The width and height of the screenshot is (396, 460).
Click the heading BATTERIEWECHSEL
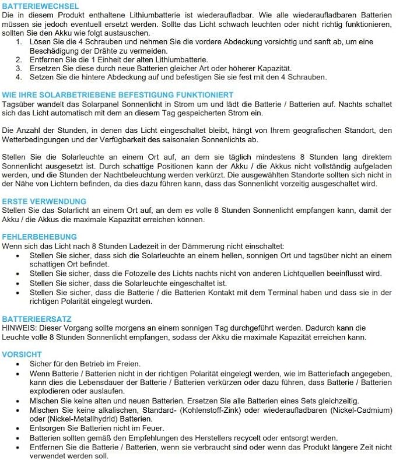pyautogui.click(x=40, y=6)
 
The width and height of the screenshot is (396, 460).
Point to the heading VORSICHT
pyautogui.click(x=22, y=354)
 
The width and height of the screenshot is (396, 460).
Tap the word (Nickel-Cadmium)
pyautogui.click(x=357, y=410)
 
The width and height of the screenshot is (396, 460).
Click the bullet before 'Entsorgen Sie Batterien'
pyautogui.click(x=20, y=428)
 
